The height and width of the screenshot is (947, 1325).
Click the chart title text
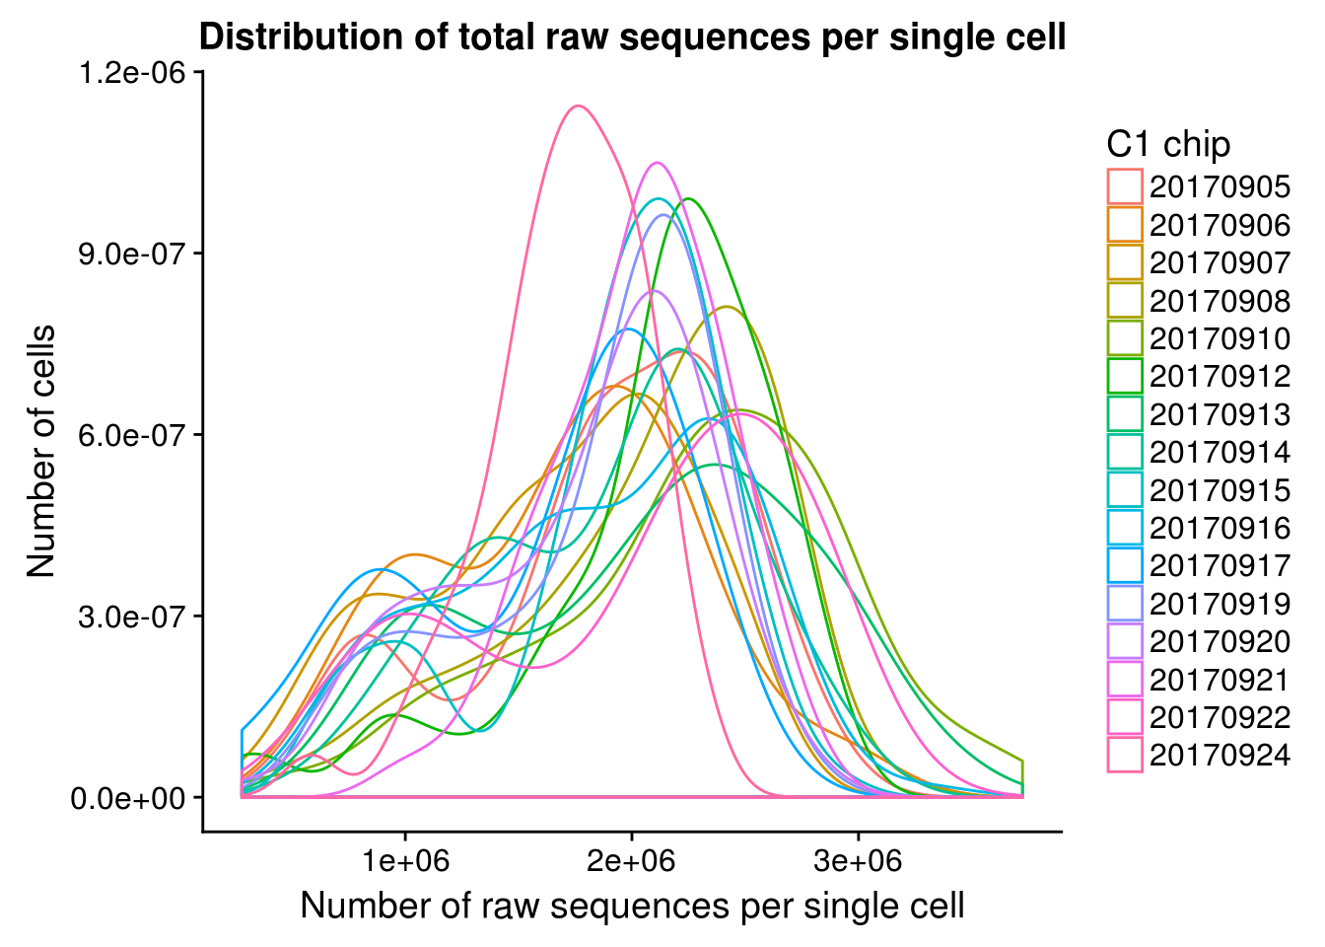632,37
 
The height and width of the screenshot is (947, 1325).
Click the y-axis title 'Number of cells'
41,451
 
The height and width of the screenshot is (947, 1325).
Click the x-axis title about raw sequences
632,905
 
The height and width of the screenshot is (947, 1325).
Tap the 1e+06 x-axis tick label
405,861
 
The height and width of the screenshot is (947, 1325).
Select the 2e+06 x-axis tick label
632,861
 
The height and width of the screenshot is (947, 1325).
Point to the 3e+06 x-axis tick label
859,861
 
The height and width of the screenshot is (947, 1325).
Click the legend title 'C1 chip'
1168,145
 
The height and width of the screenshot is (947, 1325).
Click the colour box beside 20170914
1125,453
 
